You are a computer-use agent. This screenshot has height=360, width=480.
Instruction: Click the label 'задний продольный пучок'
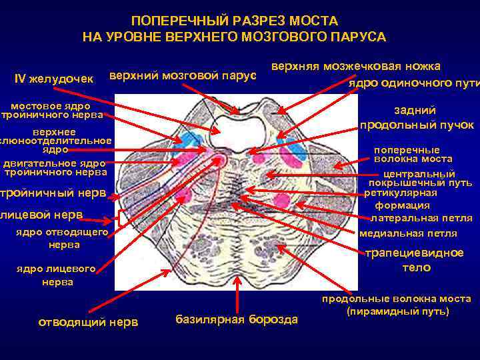tap(417, 118)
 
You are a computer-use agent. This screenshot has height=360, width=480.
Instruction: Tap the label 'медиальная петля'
tap(408, 233)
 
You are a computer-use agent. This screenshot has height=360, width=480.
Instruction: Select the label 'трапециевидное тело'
tap(417, 260)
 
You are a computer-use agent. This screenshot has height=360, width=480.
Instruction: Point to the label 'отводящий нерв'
tap(87, 323)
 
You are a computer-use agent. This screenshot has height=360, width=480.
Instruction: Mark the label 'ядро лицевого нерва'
tap(56, 276)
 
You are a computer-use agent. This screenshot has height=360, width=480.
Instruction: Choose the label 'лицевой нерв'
tap(41, 215)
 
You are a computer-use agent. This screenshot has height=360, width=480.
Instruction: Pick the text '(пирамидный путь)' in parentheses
tap(398, 311)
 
